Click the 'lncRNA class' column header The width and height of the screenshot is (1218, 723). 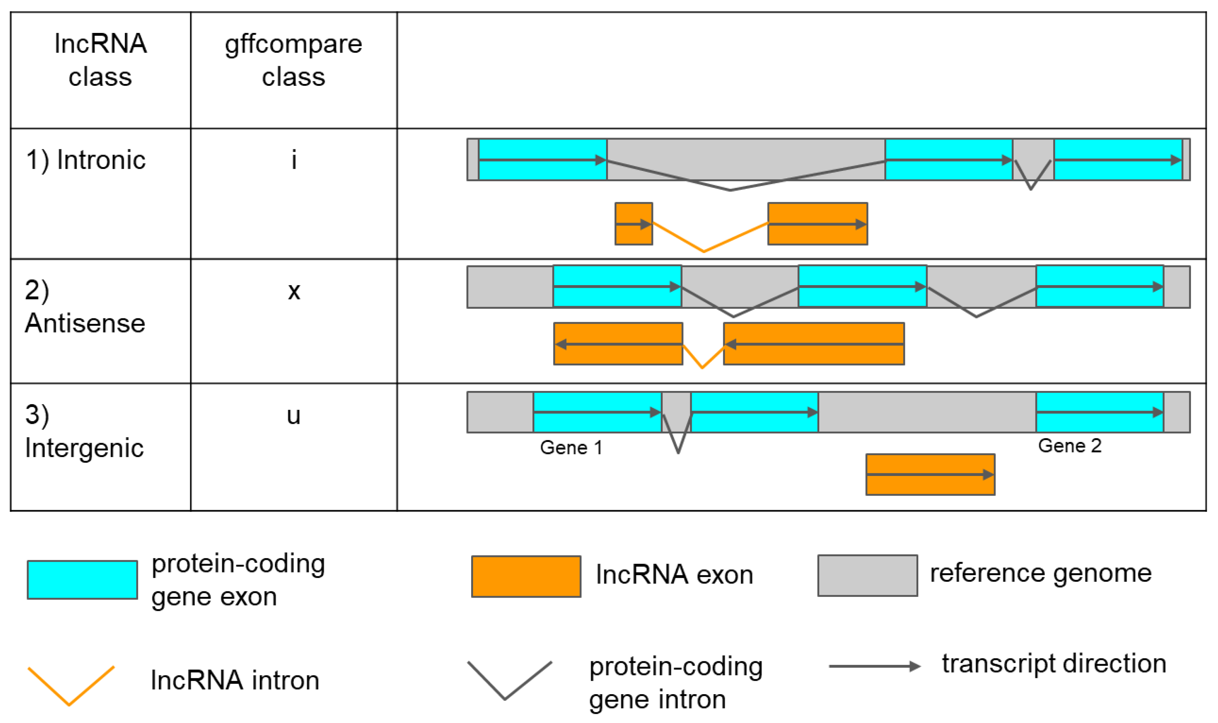pos(100,60)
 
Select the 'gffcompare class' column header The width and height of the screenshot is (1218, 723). pos(293,60)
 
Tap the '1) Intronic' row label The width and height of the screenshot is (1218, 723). pos(86,160)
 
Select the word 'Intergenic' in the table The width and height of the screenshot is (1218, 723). pos(84,448)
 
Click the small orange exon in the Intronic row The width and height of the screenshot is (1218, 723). pos(634,224)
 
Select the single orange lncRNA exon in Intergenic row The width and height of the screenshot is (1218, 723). pos(930,474)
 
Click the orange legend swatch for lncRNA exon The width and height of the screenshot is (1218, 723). pos(526,576)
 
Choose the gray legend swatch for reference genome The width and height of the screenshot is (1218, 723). pos(868,575)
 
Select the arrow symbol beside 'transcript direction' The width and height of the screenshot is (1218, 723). pos(874,666)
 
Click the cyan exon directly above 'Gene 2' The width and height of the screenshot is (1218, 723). pos(1100,412)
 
